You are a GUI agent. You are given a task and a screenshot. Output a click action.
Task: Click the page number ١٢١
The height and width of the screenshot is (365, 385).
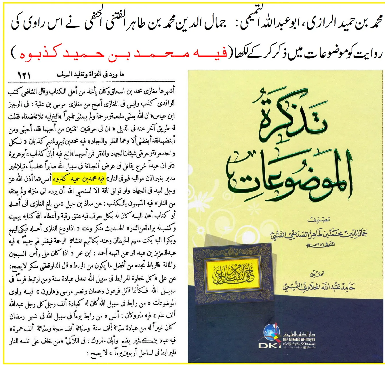click(x=24, y=76)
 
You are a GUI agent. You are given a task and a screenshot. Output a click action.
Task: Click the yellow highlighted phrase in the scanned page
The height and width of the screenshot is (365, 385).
click(x=79, y=179)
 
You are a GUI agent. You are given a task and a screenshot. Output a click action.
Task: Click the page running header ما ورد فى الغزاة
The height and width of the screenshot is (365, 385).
click(x=90, y=75)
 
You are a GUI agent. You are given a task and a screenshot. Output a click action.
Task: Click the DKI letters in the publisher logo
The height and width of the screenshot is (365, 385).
click(x=269, y=345)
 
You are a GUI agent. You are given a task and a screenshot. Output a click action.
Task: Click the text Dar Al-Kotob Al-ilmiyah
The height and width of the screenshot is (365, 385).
click(x=299, y=340)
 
